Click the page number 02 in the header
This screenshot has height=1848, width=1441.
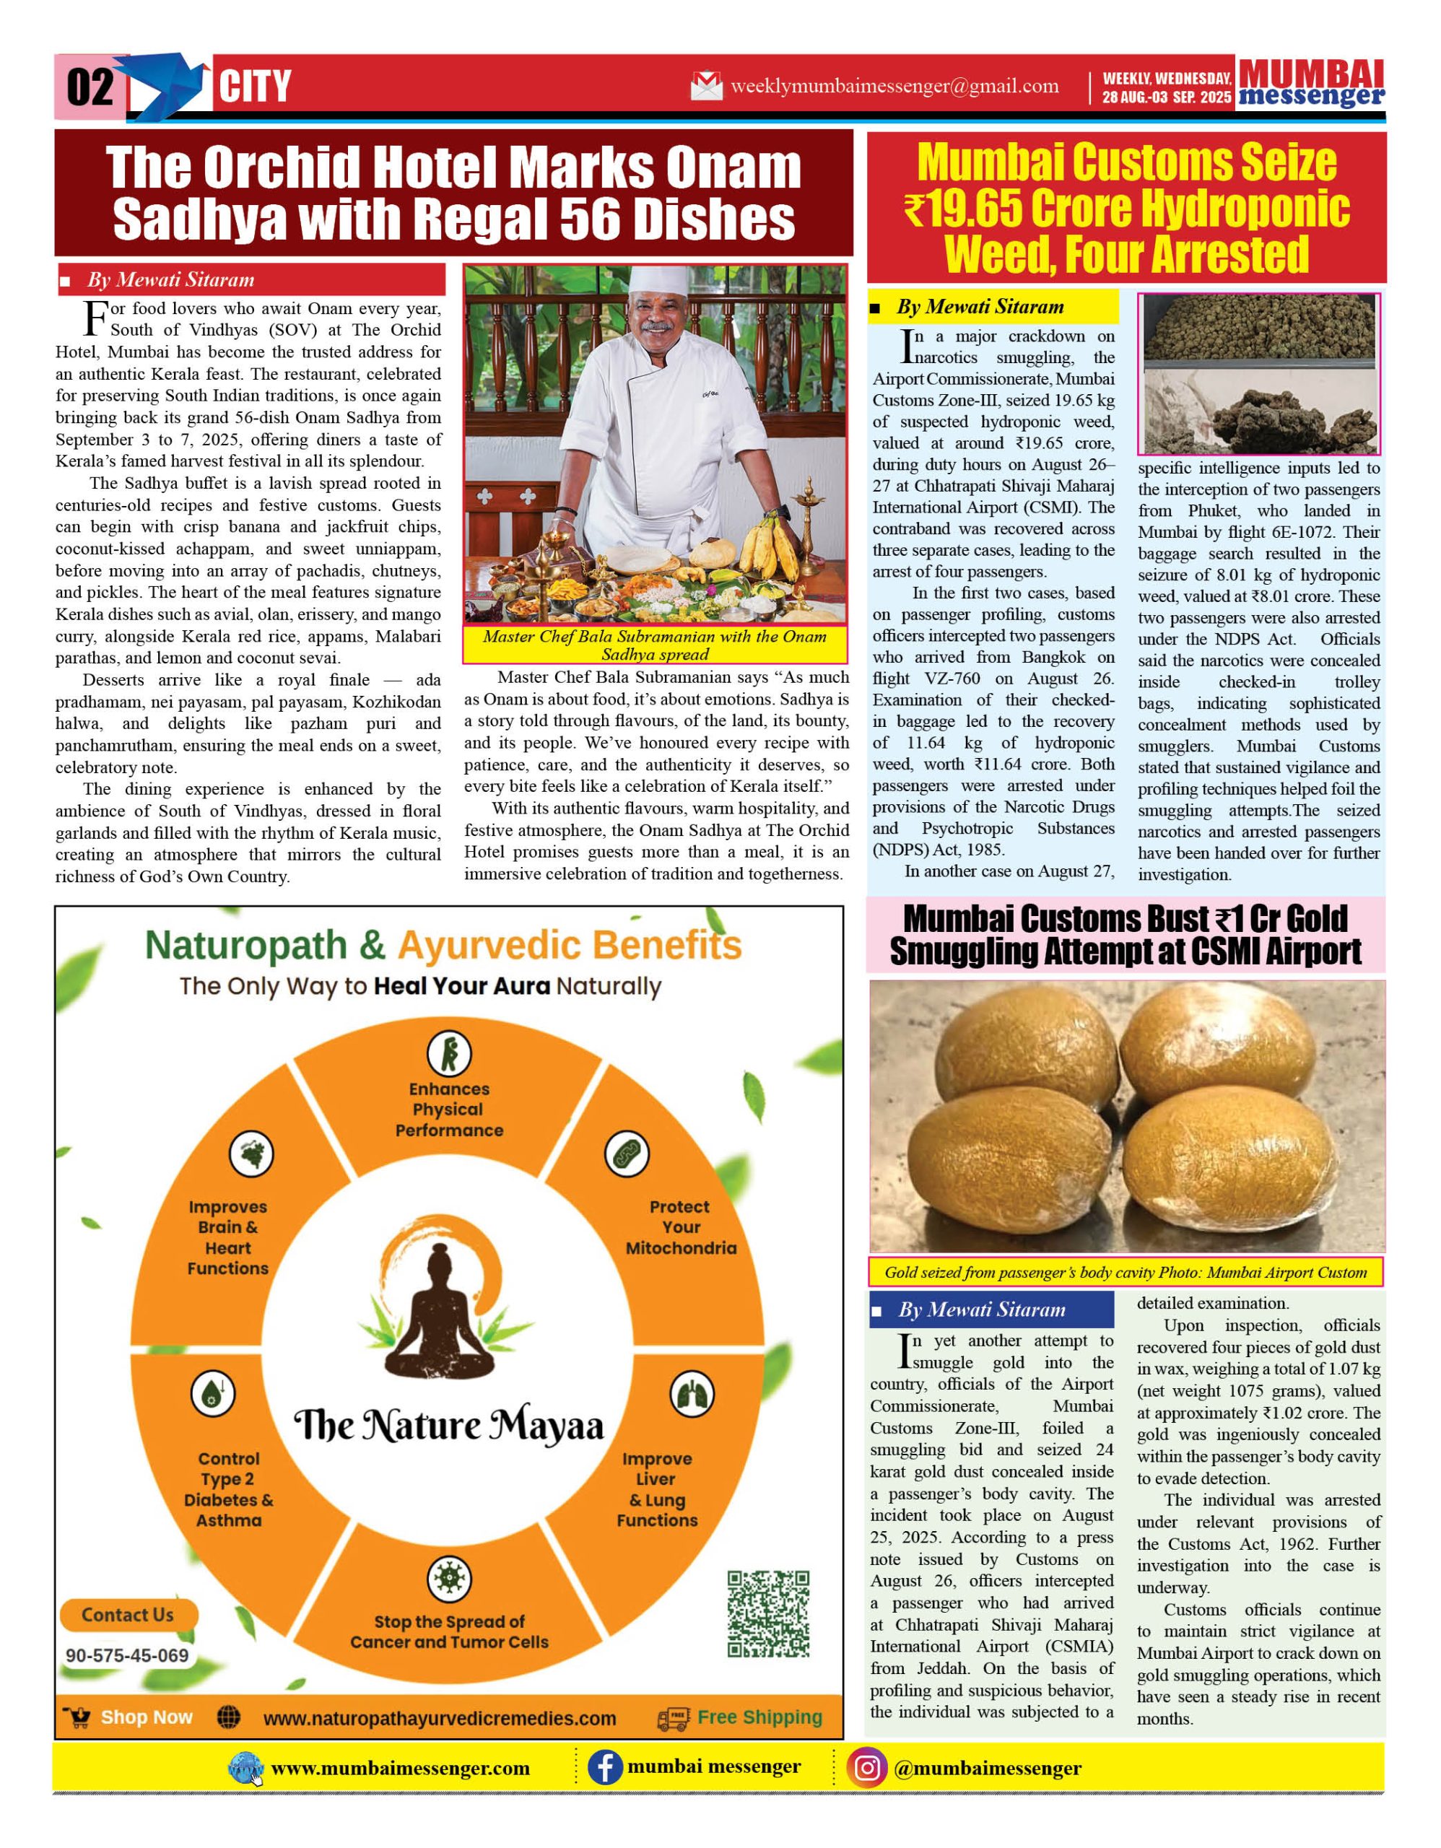(90, 87)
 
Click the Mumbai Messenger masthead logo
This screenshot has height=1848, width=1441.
(1311, 84)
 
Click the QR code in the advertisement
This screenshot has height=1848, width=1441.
(768, 1613)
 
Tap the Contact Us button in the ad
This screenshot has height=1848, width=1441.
(128, 1614)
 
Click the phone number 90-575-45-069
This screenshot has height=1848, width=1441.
(127, 1656)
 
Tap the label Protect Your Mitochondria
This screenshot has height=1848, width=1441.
(680, 1227)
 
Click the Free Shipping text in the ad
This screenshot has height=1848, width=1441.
(759, 1717)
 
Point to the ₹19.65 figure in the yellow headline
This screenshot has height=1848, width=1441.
(965, 208)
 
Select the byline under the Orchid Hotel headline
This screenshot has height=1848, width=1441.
(169, 280)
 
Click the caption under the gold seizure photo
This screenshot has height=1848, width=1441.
(1126, 1272)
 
